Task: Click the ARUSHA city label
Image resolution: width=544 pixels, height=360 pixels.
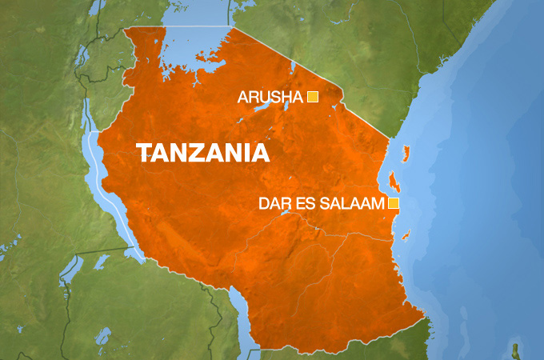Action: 270,98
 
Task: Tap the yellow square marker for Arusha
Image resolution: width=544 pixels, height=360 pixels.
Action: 313,98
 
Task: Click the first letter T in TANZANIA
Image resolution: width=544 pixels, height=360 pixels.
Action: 144,154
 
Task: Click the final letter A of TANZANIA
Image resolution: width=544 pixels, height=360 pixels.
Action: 258,154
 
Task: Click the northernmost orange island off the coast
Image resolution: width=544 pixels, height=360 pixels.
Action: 406,152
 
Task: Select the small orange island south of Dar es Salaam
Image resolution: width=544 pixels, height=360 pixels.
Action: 406,234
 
